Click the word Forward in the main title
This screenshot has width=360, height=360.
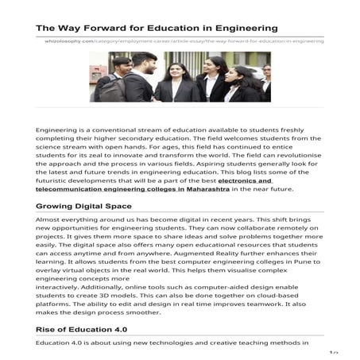tap(99, 28)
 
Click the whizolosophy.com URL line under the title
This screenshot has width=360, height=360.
tap(184, 41)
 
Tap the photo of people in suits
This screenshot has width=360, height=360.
tap(180, 76)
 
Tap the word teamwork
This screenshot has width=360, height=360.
tap(255, 304)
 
